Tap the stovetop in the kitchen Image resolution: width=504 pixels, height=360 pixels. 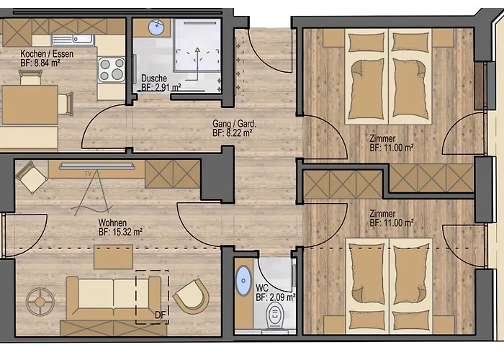112,69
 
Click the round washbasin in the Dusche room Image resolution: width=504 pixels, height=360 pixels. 156,27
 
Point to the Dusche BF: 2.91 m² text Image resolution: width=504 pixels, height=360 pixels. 161,83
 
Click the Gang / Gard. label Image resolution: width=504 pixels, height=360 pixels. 234,128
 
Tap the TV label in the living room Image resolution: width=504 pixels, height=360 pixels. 88,174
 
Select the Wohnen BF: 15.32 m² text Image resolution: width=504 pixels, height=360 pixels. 120,227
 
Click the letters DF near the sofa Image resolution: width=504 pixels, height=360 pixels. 160,315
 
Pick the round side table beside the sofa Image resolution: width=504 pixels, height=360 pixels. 40,302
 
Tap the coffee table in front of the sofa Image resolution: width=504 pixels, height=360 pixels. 113,257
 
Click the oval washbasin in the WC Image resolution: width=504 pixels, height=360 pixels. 243,281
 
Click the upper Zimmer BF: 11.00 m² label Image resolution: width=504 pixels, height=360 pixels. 392,143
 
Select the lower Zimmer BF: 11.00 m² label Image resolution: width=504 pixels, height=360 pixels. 392,218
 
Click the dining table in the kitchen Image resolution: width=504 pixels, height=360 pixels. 30,104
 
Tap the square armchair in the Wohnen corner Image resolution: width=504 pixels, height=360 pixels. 32,177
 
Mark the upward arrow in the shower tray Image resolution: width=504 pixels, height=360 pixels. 197,63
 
